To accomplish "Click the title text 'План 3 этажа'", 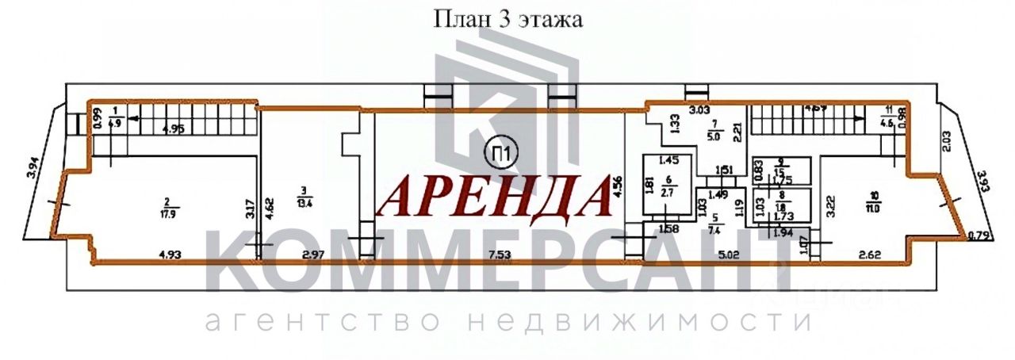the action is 507,20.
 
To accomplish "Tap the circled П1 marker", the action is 497,148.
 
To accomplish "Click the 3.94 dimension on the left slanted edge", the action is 33,168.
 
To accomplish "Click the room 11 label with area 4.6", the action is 888,118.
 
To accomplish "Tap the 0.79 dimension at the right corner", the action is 978,234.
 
